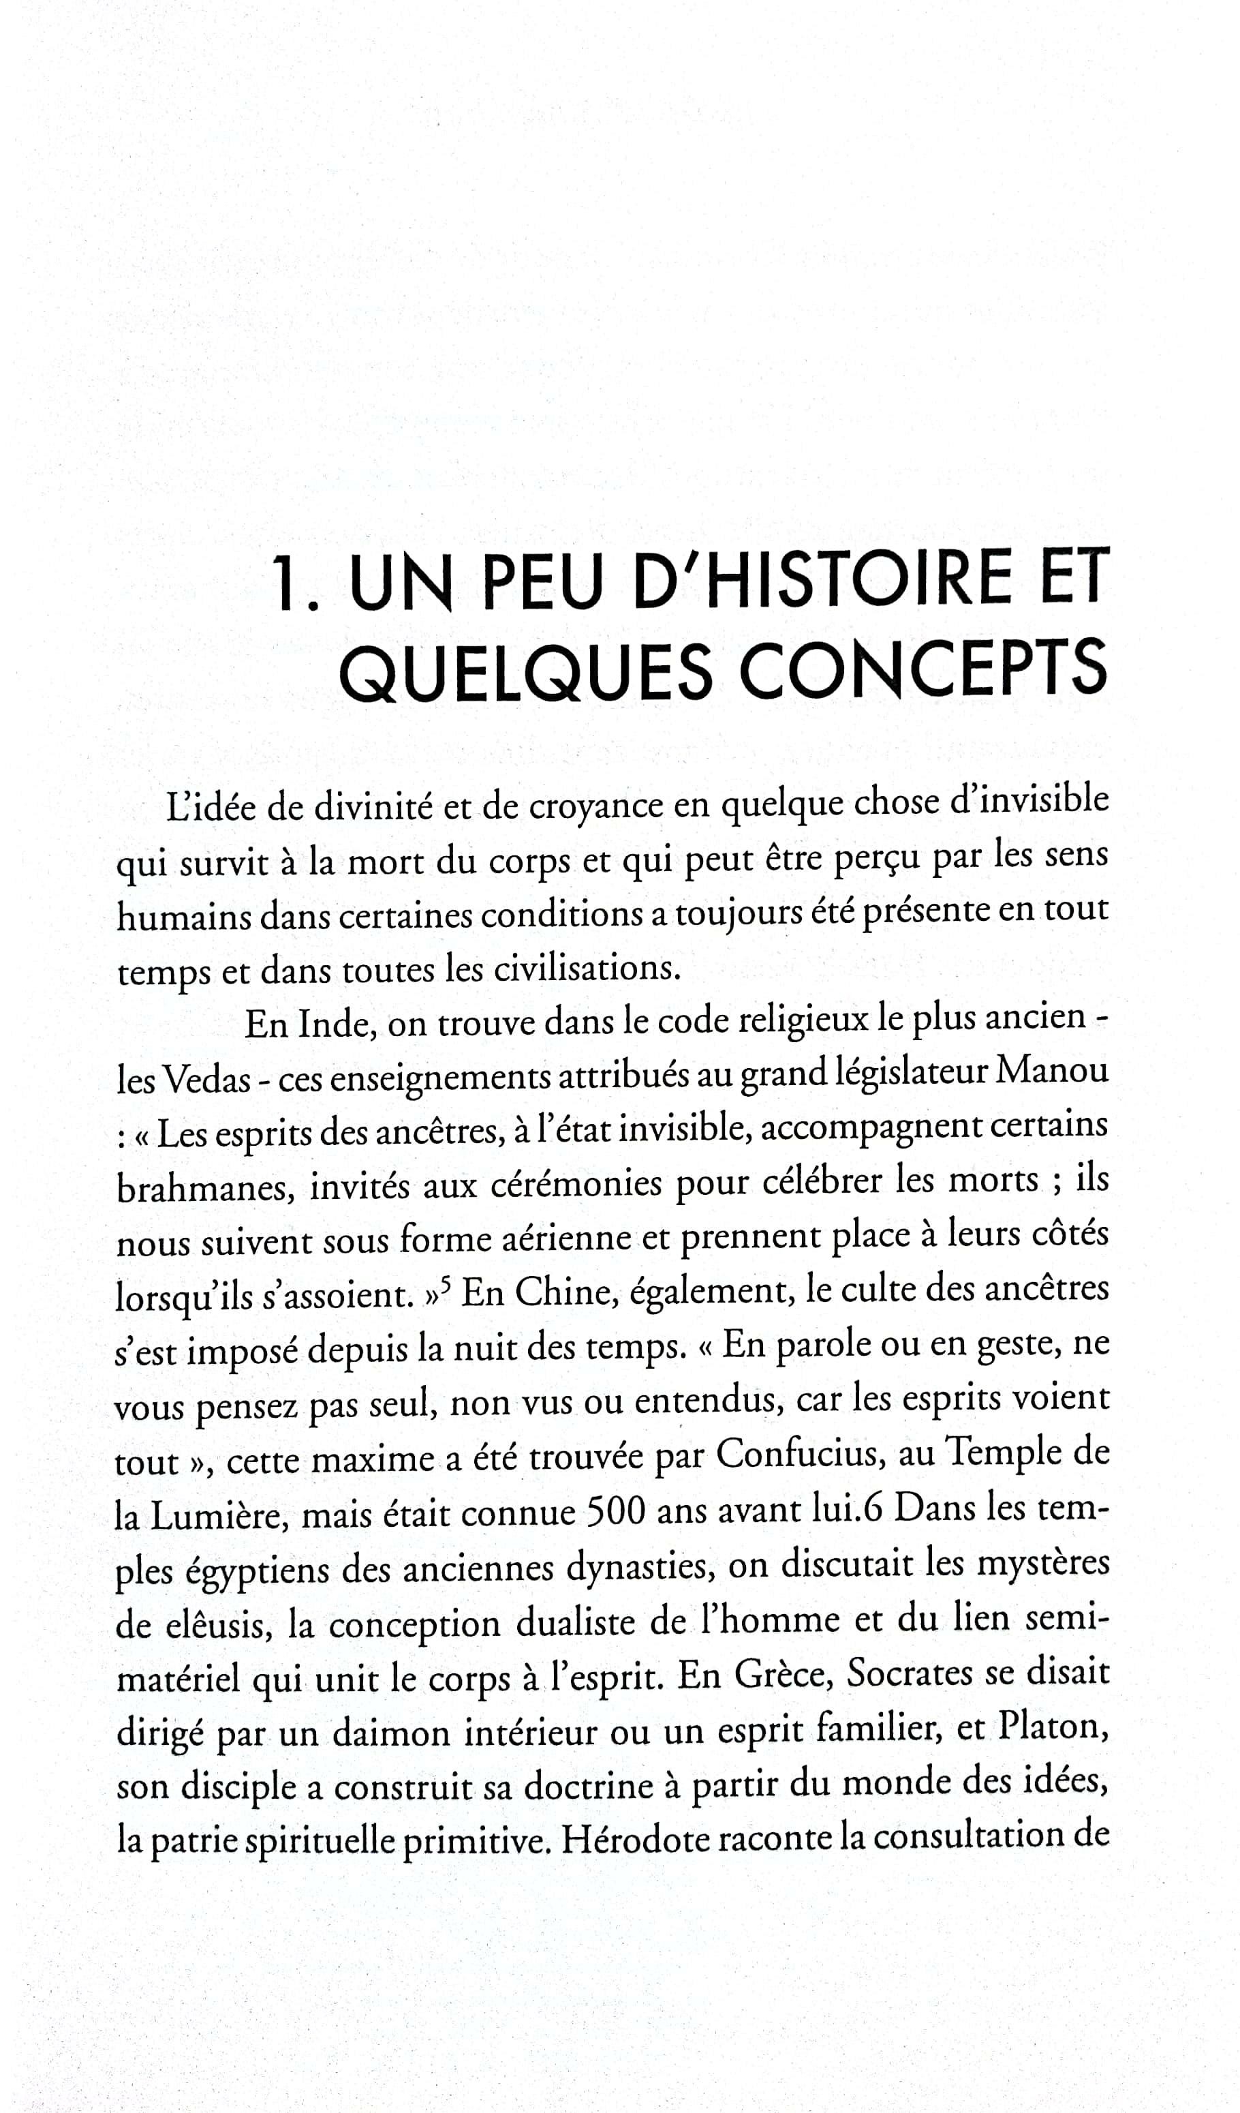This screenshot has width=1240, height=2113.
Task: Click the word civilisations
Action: pos(587,969)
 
